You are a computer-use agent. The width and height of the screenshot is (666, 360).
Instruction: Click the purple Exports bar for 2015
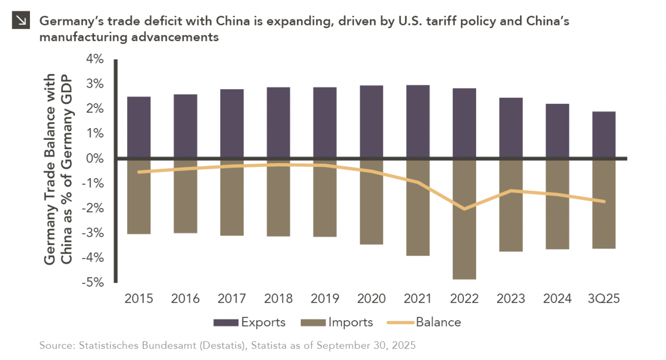click(139, 128)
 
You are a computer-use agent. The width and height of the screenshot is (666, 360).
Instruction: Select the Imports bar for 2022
click(464, 219)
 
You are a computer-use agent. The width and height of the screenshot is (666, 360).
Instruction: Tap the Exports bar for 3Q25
click(603, 135)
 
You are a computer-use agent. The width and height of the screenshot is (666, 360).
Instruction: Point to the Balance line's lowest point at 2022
click(464, 209)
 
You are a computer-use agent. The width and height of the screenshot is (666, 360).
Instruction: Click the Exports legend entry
click(250, 322)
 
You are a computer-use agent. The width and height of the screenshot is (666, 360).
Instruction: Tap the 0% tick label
click(95, 159)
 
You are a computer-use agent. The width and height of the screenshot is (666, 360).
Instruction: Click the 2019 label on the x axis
click(325, 299)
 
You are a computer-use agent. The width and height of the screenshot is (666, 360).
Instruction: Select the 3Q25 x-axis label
click(603, 299)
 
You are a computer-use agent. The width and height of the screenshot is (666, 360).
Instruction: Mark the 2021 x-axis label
click(417, 299)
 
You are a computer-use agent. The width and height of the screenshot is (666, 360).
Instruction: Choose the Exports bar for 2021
click(417, 122)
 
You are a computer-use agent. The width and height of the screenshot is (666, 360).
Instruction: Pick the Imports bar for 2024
click(557, 204)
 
